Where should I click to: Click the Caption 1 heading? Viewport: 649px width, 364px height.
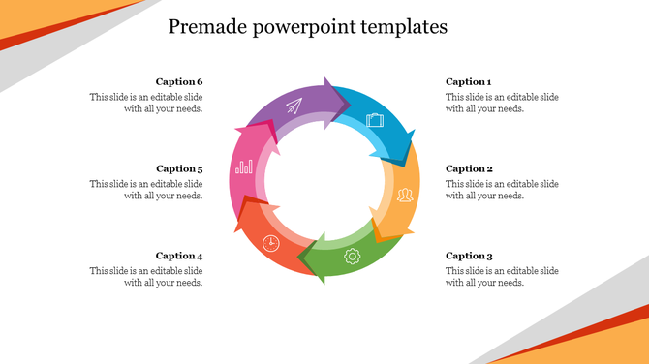pos(469,82)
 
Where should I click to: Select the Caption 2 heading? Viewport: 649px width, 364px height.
pos(469,169)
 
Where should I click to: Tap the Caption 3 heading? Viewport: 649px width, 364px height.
pos(469,257)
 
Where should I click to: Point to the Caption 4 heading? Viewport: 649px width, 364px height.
pos(179,257)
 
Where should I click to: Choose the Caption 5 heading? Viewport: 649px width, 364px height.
pos(179,169)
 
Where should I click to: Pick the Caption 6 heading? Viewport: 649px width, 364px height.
pos(179,82)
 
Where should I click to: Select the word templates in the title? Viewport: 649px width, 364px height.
pos(402,27)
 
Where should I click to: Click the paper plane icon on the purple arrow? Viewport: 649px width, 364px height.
pos(294,107)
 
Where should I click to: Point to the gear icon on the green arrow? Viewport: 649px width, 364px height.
pos(353,257)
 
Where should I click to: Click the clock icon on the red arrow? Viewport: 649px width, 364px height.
pos(271,242)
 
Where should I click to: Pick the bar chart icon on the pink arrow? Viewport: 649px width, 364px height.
pos(243,167)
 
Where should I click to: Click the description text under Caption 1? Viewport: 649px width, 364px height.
pos(502,103)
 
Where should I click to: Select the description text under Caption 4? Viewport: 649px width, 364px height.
pos(146,277)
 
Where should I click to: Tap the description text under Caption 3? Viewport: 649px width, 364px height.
pos(502,277)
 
